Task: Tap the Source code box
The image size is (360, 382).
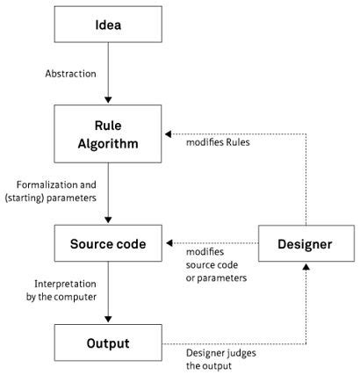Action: coord(106,243)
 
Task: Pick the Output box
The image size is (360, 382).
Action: coord(106,342)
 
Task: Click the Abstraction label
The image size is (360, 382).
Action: coord(70,74)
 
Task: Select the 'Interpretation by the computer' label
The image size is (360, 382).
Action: coord(62,291)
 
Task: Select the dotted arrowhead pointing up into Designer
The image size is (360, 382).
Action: coord(306,268)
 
